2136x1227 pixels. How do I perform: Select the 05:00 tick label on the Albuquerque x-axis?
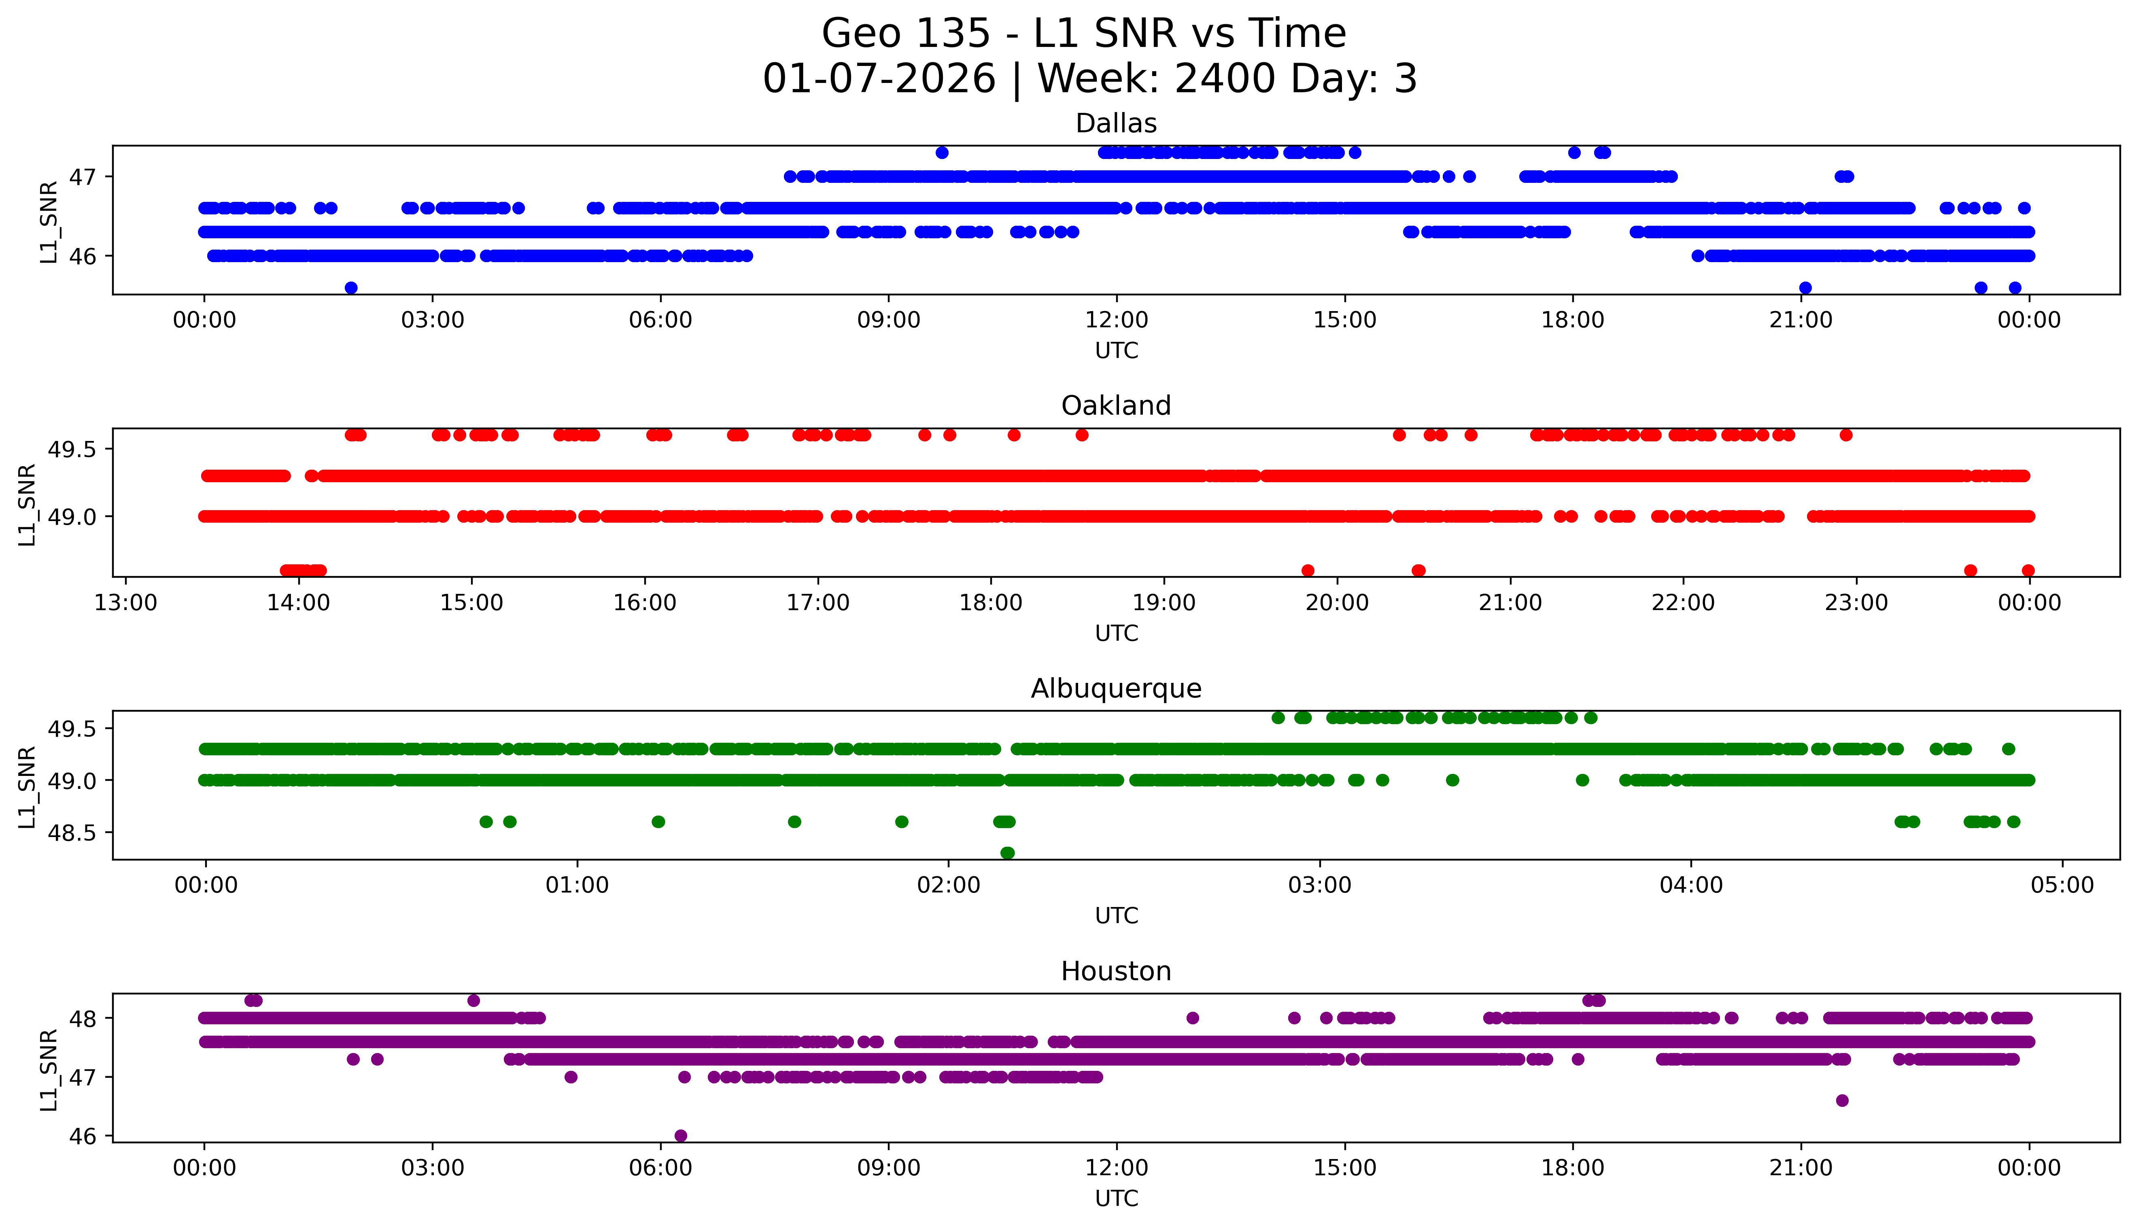click(x=2062, y=886)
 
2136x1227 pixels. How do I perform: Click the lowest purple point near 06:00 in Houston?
click(x=681, y=1135)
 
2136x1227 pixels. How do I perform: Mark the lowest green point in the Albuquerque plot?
click(x=1007, y=853)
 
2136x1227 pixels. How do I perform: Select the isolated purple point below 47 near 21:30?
click(x=1842, y=1100)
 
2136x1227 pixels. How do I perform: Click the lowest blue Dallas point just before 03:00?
click(x=352, y=287)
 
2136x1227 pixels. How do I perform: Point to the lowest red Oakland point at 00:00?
click(x=2028, y=570)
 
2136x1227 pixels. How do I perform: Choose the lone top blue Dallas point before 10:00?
click(x=943, y=153)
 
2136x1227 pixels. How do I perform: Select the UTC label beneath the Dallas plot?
click(x=1116, y=351)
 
